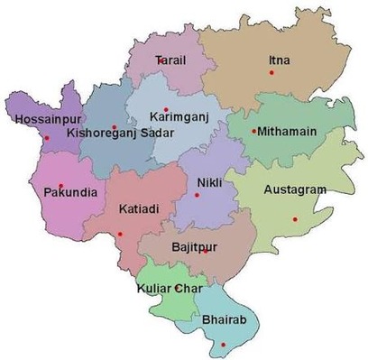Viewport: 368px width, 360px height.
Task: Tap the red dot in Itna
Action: pyautogui.click(x=271, y=72)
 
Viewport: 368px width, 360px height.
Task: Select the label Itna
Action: pyautogui.click(x=280, y=60)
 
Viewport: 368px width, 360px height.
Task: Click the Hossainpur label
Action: pyautogui.click(x=46, y=119)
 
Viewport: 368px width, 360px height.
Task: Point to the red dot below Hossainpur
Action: pyautogui.click(x=46, y=138)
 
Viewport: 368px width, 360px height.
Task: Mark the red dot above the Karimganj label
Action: pyautogui.click(x=166, y=109)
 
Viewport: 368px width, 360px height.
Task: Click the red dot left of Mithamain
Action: pyautogui.click(x=254, y=132)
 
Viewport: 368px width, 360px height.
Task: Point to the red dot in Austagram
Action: pyautogui.click(x=294, y=218)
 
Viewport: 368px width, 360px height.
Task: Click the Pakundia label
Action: pyautogui.click(x=67, y=192)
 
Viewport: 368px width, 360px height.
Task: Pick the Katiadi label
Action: pyautogui.click(x=139, y=209)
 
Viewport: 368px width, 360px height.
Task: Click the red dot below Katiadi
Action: pyautogui.click(x=120, y=235)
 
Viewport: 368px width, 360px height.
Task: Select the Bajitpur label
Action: pyautogui.click(x=194, y=245)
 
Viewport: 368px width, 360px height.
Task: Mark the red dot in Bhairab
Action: pyautogui.click(x=224, y=345)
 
